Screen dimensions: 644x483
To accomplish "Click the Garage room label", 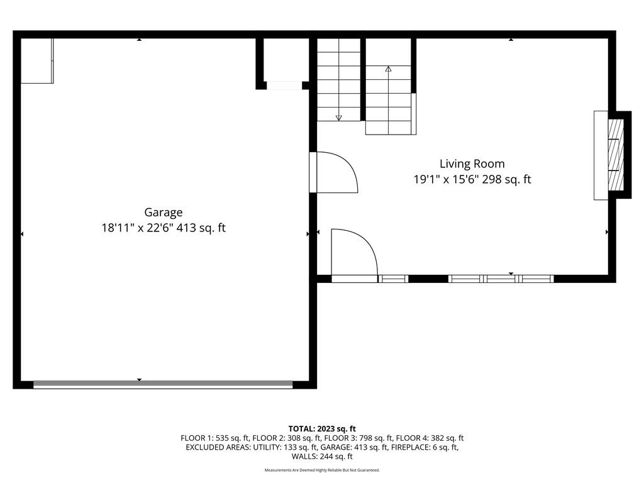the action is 163,213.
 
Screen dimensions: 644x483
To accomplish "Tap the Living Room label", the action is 472,164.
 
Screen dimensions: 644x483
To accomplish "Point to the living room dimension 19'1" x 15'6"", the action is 446,179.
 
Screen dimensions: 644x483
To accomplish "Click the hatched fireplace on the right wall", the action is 616,155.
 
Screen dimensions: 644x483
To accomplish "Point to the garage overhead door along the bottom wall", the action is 163,385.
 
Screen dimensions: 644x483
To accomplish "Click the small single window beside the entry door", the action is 393,279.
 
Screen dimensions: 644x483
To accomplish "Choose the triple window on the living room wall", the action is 501,279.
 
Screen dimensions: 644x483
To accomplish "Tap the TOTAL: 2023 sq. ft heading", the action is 322,429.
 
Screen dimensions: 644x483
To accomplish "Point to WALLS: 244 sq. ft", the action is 322,457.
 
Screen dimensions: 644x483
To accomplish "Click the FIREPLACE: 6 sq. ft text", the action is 425,447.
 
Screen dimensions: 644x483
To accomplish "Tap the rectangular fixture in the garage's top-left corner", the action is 37,61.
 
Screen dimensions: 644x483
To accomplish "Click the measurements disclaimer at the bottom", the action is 322,470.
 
